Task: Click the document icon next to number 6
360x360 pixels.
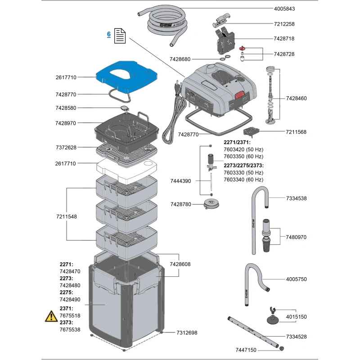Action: [x=119, y=36]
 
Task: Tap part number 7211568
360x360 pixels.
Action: [x=296, y=132]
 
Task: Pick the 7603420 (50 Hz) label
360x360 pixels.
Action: [x=243, y=149]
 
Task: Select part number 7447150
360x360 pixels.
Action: [x=246, y=350]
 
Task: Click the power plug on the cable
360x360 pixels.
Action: [x=176, y=87]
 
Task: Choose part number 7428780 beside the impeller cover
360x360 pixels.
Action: [x=181, y=204]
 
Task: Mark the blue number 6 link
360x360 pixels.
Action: [x=108, y=34]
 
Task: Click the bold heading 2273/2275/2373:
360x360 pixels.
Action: [x=243, y=165]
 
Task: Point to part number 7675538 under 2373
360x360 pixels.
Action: [x=70, y=329]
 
